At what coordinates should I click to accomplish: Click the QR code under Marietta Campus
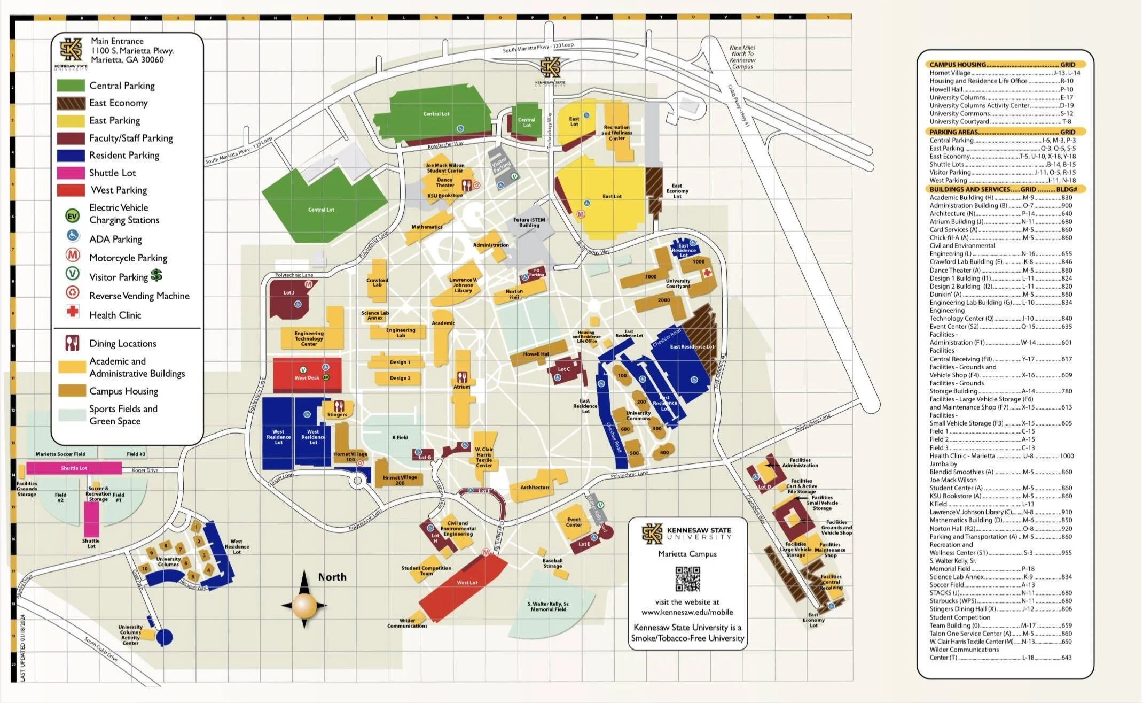pyautogui.click(x=687, y=578)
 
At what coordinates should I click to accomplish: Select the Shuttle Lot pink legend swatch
pyautogui.click(x=71, y=173)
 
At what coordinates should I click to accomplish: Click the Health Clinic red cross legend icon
pyautogui.click(x=72, y=312)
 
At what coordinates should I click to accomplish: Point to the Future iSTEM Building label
pyautogui.click(x=529, y=222)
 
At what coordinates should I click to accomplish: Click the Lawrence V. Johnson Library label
pyautogui.click(x=463, y=285)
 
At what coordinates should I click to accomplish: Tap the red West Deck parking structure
pyautogui.click(x=307, y=375)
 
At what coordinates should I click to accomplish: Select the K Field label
pyautogui.click(x=400, y=437)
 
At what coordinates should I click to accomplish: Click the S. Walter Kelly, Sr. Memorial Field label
pyautogui.click(x=549, y=606)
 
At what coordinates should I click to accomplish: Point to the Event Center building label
pyautogui.click(x=574, y=522)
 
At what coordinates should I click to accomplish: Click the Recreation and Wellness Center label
pyautogui.click(x=616, y=133)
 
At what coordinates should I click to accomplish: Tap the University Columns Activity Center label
pyautogui.click(x=130, y=635)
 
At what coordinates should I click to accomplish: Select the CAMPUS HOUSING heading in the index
pyautogui.click(x=957, y=64)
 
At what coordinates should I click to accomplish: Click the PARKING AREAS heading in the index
pyautogui.click(x=953, y=132)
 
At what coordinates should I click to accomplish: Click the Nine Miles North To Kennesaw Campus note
pyautogui.click(x=742, y=57)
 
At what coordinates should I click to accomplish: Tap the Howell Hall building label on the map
pyautogui.click(x=536, y=354)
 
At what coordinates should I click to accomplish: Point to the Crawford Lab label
pyautogui.click(x=377, y=282)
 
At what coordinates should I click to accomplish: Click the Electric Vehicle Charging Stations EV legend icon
pyautogui.click(x=72, y=215)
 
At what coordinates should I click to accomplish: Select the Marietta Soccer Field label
pyautogui.click(x=60, y=454)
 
